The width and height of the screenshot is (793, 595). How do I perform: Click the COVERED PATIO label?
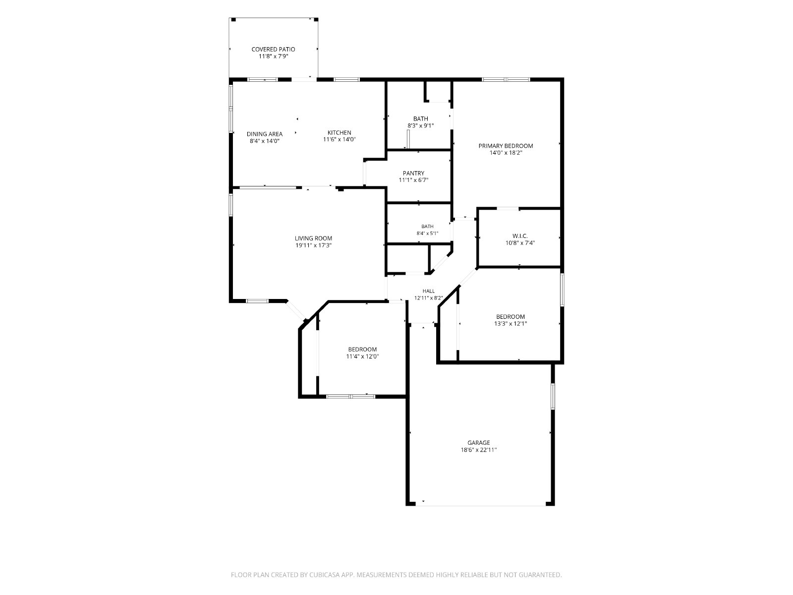[x=273, y=49]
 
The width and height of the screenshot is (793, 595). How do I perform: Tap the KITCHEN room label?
[x=339, y=132]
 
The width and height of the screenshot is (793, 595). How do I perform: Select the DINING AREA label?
[x=265, y=134]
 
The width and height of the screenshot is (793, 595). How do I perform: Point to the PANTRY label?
[x=414, y=173]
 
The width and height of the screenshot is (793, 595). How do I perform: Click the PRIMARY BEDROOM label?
[x=506, y=146]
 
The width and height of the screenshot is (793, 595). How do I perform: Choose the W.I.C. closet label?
[x=520, y=236]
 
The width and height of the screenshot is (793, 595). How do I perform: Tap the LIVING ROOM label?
[x=313, y=238]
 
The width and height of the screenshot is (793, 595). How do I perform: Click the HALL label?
[x=429, y=291]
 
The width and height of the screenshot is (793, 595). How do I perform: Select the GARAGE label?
[x=479, y=443]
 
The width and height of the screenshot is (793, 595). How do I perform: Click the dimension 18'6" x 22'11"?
[x=479, y=450]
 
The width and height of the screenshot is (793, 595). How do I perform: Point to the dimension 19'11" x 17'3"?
[x=313, y=245]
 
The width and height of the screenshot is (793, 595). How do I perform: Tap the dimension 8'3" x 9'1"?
[x=420, y=126]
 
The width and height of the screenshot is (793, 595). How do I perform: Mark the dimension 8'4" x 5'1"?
[x=427, y=234]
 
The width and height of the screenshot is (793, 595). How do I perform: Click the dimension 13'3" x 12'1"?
[x=510, y=324]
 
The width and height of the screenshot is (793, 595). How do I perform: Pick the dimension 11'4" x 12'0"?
[x=362, y=357]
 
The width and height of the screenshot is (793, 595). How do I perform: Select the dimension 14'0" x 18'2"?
[x=506, y=153]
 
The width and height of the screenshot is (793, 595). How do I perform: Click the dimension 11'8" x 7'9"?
[x=273, y=57]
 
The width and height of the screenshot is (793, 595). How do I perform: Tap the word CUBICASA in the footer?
[x=324, y=575]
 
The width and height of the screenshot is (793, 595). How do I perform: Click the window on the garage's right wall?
[x=553, y=396]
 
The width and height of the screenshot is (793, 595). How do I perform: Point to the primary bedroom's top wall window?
[x=506, y=79]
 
